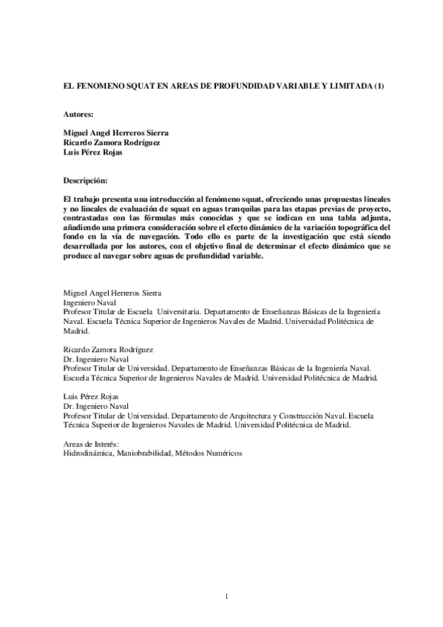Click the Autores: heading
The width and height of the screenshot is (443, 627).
(x=79, y=115)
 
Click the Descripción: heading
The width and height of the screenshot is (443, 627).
(x=86, y=180)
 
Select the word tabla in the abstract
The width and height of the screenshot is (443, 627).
(x=347, y=220)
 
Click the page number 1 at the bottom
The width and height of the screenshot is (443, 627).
(x=226, y=595)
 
